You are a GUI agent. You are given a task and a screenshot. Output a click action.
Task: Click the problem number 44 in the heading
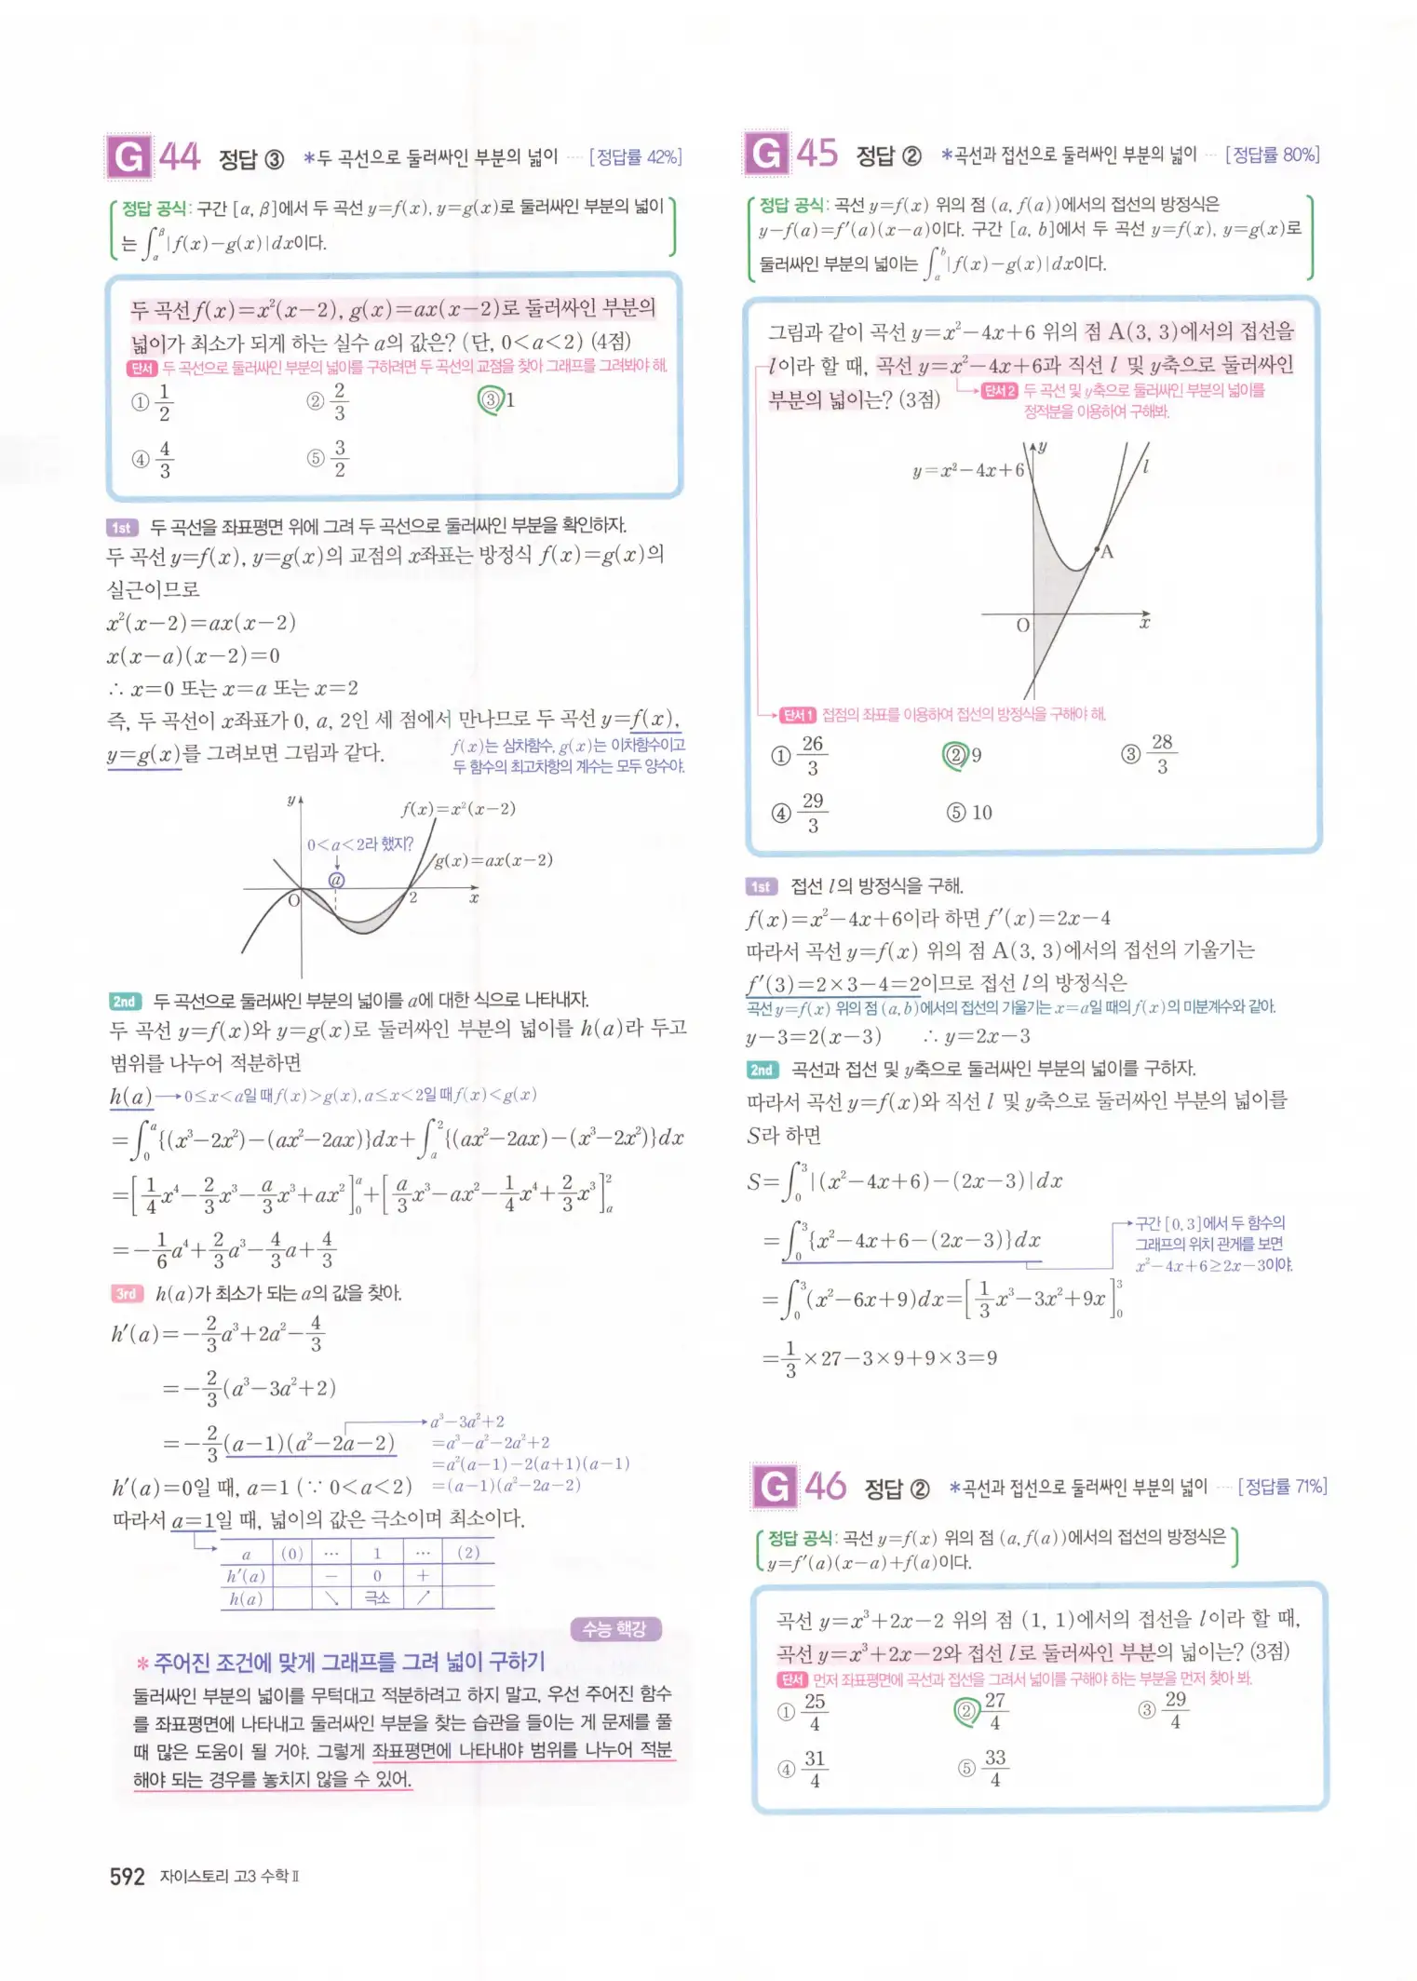pos(180,156)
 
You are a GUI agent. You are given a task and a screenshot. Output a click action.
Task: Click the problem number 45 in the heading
pos(816,153)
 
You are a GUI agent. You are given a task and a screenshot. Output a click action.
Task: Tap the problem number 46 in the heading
pos(825,1487)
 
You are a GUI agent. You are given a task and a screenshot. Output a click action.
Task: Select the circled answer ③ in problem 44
pos(490,400)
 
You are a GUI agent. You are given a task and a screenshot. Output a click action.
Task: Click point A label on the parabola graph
pos(1107,552)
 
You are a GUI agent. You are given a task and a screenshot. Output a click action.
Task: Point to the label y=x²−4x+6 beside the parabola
pos(967,470)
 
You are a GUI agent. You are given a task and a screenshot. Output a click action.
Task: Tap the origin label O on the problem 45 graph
pos(1022,626)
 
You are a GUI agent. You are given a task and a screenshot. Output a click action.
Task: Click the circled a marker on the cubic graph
pos(337,880)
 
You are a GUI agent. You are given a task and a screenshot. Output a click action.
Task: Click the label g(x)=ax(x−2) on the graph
pos(493,859)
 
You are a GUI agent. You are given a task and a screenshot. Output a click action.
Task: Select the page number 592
pos(127,1876)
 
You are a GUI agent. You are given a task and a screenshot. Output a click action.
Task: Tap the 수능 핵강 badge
pos(614,1629)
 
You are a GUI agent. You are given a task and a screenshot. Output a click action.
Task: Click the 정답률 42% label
pos(636,157)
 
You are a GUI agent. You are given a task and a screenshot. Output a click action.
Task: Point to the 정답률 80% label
pos(1273,155)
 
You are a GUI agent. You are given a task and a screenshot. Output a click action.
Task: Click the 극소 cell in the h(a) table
pos(377,1597)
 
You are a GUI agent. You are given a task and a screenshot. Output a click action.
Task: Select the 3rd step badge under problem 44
pos(126,1293)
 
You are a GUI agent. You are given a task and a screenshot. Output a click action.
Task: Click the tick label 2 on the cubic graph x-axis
pos(413,898)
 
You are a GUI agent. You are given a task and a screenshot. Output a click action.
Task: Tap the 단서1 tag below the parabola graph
pos(798,715)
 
